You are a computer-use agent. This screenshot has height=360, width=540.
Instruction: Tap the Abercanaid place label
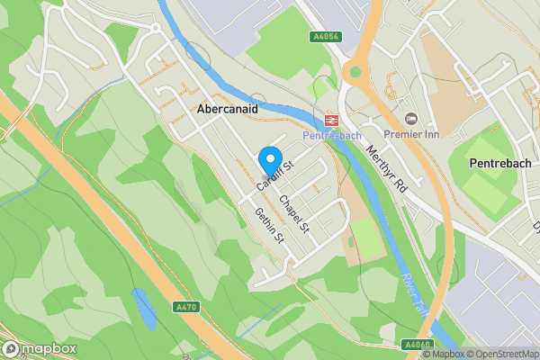pyautogui.click(x=229, y=107)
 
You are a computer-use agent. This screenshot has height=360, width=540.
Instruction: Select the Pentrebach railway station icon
pyautogui.click(x=330, y=118)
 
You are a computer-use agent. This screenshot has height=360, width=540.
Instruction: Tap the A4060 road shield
pyautogui.click(x=417, y=344)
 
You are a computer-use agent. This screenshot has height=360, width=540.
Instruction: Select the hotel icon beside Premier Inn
pyautogui.click(x=412, y=119)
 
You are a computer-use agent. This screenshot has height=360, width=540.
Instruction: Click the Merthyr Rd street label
pyautogui.click(x=388, y=169)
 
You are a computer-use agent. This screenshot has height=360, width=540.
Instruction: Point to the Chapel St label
pyautogui.click(x=294, y=214)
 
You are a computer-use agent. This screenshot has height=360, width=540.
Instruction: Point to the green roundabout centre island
pyautogui.click(x=355, y=72)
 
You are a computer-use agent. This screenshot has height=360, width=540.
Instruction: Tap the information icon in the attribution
pyautogui.click(x=427, y=354)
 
